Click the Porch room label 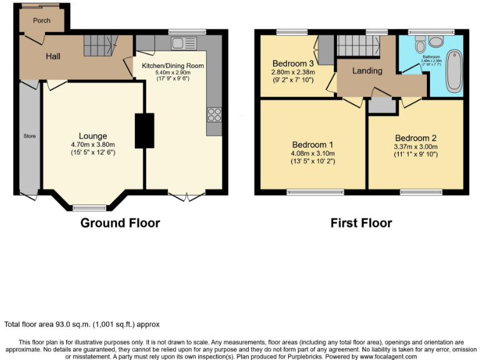click(x=42, y=20)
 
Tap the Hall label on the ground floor click(x=52, y=56)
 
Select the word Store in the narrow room click(x=29, y=136)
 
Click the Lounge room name click(x=92, y=136)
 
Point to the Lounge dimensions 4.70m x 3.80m click(x=92, y=144)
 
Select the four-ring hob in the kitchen click(x=214, y=114)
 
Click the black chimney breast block click(x=144, y=131)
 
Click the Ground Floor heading click(x=120, y=223)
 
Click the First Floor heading click(x=361, y=223)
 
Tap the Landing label click(x=367, y=71)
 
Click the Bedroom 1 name click(x=312, y=144)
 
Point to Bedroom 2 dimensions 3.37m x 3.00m click(x=416, y=147)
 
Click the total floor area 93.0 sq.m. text click(x=82, y=324)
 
